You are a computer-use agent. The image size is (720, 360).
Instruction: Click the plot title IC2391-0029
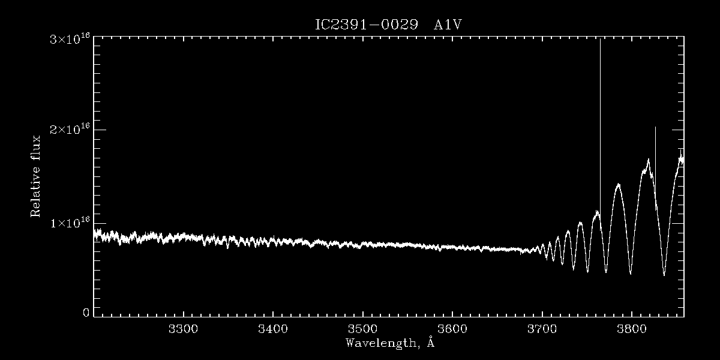point(366,26)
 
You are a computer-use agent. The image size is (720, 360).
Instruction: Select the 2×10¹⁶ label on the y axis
point(70,130)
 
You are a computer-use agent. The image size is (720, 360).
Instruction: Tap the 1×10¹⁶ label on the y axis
point(70,223)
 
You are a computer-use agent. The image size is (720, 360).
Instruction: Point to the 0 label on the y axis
point(86,313)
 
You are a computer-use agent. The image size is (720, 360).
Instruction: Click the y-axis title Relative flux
point(36,176)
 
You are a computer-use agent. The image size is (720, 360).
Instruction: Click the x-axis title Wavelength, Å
point(389,343)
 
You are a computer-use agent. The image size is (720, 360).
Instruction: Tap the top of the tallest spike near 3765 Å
point(600,40)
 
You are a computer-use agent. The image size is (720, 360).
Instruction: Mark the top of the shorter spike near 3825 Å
point(655,127)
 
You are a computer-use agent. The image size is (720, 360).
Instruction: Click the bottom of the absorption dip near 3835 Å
point(664,275)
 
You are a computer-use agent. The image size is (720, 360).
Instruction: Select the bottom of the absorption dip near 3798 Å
point(630,274)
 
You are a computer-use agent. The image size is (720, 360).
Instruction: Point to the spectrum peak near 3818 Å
point(649,160)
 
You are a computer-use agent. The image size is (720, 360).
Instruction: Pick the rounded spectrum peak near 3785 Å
point(618,185)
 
